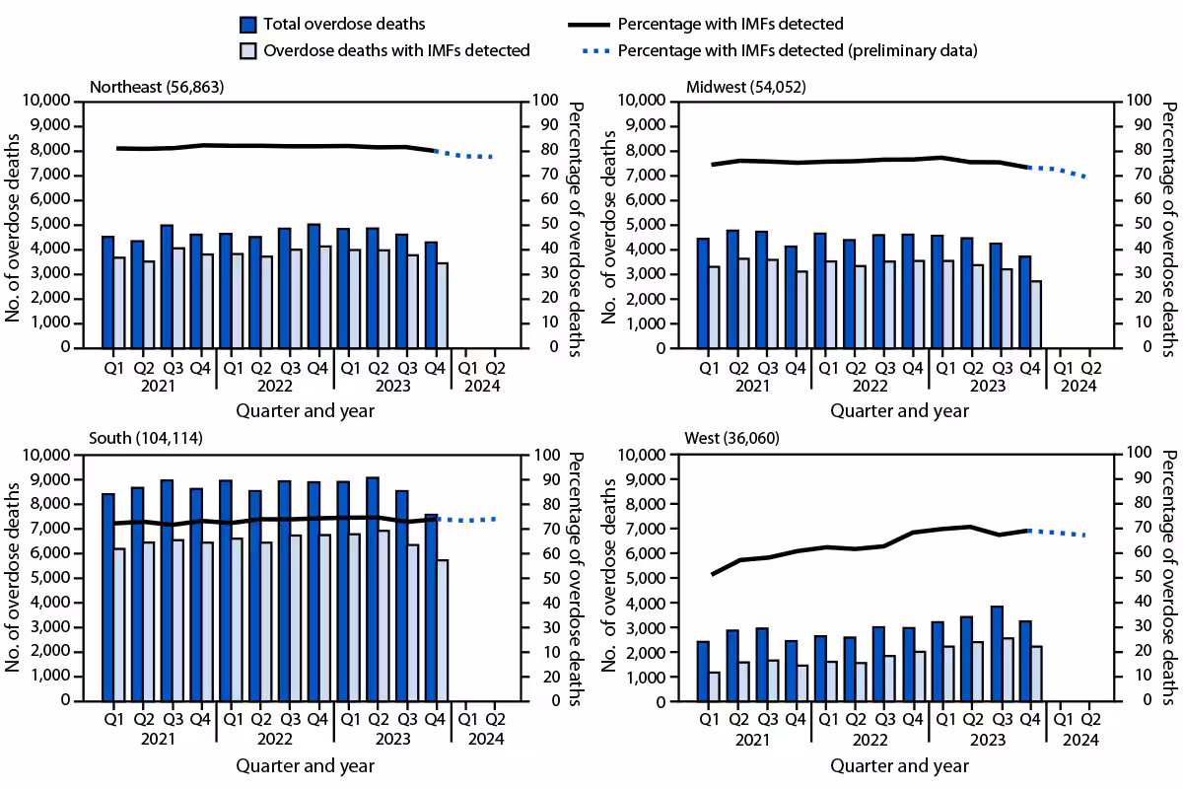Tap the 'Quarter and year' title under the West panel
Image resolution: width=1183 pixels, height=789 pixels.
[x=899, y=765]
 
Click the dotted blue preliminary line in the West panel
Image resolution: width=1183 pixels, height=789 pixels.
[x=1057, y=533]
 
